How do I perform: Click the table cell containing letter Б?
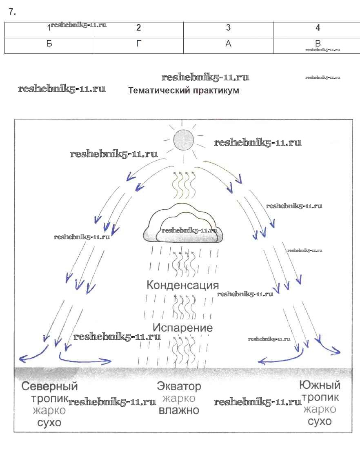[x=49, y=44]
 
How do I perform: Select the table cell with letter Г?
[x=139, y=44]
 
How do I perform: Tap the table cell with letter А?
[x=228, y=44]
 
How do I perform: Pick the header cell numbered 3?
[x=228, y=28]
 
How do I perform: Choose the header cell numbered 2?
[x=139, y=28]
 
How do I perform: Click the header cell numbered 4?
[x=318, y=28]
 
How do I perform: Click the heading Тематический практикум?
[x=184, y=91]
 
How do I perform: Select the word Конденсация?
[x=182, y=285]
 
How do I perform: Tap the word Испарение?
[x=182, y=328]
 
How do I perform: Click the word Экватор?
[x=179, y=386]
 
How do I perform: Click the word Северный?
[x=49, y=386]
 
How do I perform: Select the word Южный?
[x=320, y=385]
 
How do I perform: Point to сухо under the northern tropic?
[x=49, y=422]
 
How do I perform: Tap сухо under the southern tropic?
[x=320, y=421]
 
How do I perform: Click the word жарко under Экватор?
[x=179, y=398]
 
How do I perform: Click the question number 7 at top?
[x=12, y=12]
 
